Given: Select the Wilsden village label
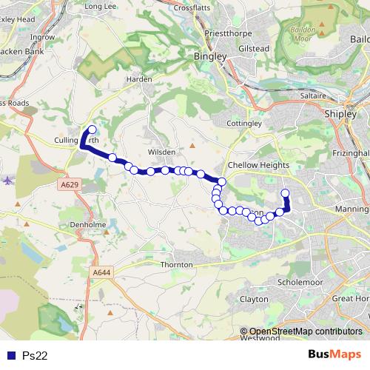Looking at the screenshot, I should point(162,152).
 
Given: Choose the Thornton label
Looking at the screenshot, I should point(176,264).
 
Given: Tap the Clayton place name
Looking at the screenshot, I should point(254,299).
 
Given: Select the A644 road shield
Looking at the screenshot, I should point(101,274).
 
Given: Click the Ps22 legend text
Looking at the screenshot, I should point(35,355).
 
